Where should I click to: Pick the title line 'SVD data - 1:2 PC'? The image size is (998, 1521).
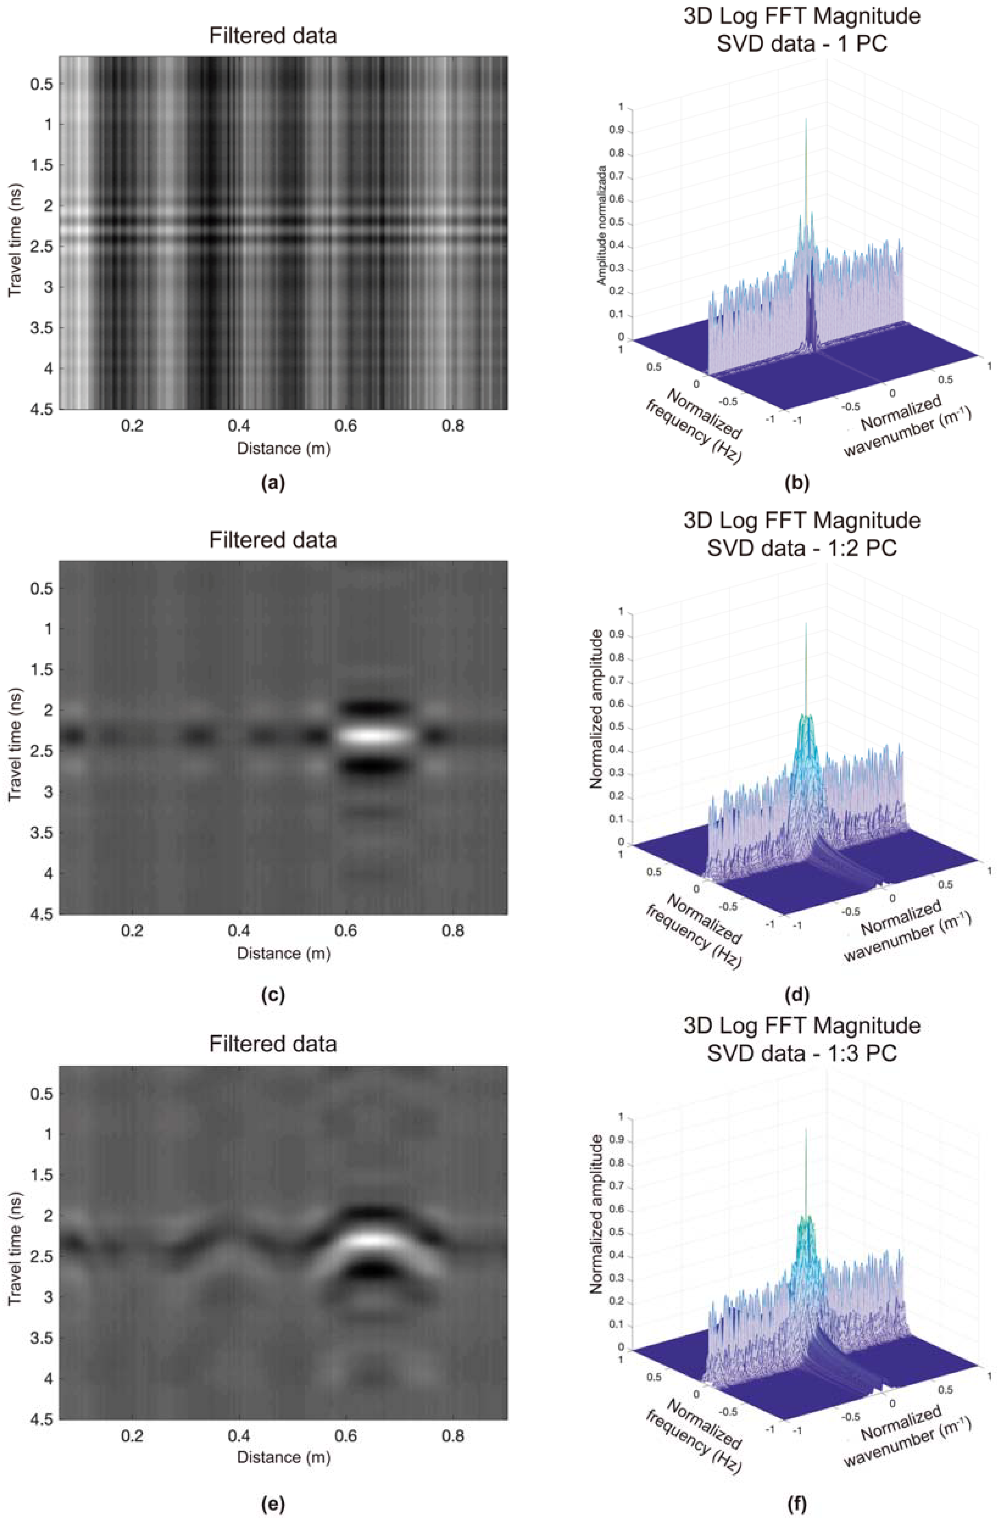pos(802,548)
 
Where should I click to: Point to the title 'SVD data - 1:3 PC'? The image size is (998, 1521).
pos(802,1053)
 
